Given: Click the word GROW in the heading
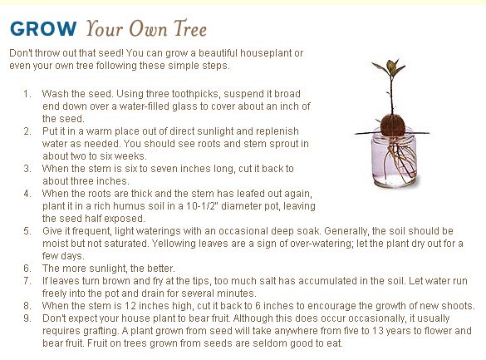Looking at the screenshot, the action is pyautogui.click(x=43, y=29).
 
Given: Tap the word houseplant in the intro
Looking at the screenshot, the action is pyautogui.click(x=266, y=53).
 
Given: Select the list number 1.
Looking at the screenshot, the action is pyautogui.click(x=27, y=94).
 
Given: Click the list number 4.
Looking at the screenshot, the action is pyautogui.click(x=27, y=194).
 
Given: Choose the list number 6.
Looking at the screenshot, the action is pyautogui.click(x=27, y=269).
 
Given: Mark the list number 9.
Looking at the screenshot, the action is pyautogui.click(x=27, y=318).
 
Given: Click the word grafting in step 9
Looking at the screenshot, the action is pyautogui.click(x=101, y=331).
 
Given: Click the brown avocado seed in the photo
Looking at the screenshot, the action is pyautogui.click(x=393, y=125).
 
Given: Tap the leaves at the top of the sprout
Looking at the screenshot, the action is pyautogui.click(x=389, y=67).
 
